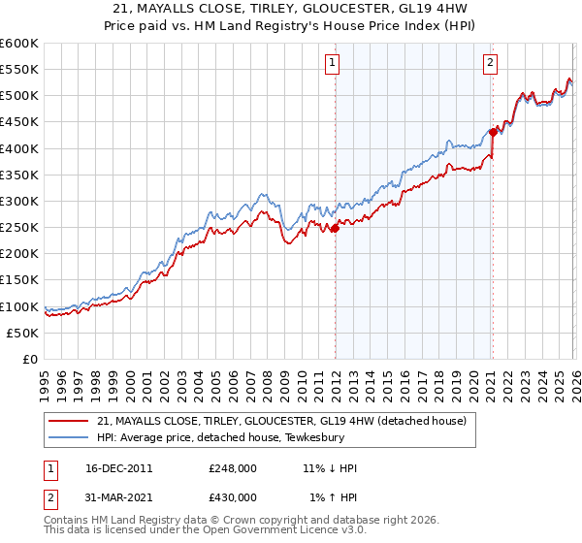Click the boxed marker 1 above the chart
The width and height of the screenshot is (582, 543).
333,63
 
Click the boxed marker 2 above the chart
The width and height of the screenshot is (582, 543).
490,63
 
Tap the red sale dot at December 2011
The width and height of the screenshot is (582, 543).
335,229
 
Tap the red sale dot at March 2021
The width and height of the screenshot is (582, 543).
493,132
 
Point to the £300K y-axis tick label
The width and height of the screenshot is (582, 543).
19,201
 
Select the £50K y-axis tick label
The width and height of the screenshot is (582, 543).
22,333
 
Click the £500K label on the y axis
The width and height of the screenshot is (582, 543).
19,96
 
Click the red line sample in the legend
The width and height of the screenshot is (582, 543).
69,421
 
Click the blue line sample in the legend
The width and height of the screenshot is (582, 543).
69,437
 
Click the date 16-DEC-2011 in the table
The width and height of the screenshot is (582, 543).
119,468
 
